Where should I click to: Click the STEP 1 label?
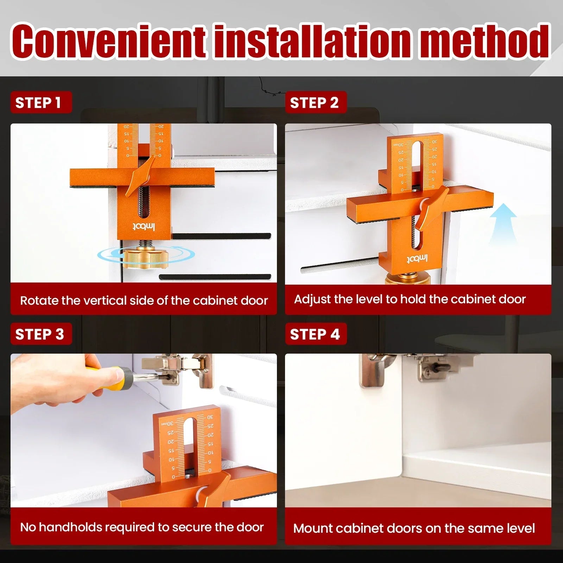41,102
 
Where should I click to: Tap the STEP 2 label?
316,102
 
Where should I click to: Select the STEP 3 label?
41,334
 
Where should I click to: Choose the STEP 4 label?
316,334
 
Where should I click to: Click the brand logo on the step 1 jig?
144,227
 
